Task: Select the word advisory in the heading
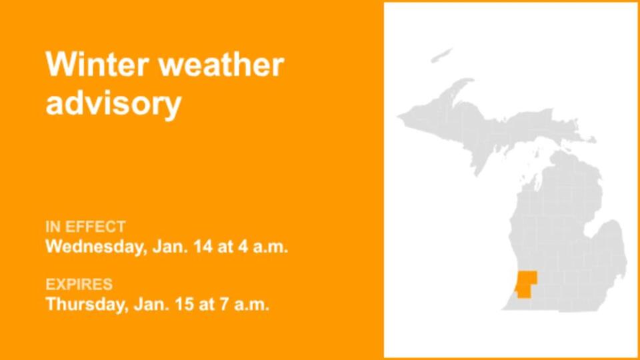click(x=113, y=104)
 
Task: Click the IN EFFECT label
click(x=85, y=227)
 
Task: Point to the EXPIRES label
click(x=79, y=285)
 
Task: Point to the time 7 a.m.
click(x=245, y=305)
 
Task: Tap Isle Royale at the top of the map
click(x=441, y=55)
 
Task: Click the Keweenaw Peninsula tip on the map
click(x=467, y=83)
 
